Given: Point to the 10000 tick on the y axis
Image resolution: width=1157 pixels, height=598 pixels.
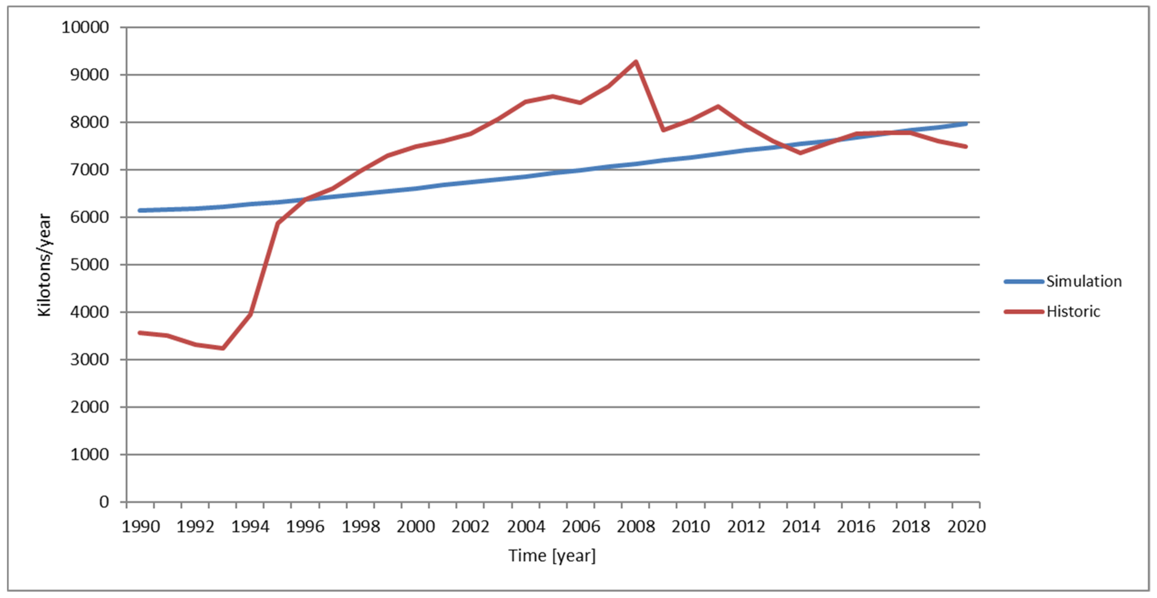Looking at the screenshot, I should (85, 27).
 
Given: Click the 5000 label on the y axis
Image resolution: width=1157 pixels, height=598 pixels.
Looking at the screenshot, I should (89, 265).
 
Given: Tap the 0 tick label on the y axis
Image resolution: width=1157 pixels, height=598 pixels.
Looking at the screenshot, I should (104, 502).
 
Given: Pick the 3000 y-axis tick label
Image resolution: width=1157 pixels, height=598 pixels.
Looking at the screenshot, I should (89, 360).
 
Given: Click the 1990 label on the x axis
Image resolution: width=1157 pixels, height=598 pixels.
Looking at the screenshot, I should (141, 527).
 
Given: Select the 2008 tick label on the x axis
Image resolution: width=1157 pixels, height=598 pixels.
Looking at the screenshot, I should (636, 527).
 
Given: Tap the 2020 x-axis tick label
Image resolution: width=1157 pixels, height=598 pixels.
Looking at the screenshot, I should (966, 527).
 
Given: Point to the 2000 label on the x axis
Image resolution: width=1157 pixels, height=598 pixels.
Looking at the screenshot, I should (416, 527).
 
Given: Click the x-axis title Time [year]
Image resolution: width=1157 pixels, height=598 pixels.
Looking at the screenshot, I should (552, 556).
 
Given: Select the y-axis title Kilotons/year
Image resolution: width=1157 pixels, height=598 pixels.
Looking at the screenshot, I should (45, 265).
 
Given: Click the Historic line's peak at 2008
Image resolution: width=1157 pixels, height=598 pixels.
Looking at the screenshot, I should (636, 62).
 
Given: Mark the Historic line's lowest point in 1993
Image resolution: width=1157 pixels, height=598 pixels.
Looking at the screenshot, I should (223, 348).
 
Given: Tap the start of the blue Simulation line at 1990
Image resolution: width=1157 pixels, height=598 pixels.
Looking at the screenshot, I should (140, 210).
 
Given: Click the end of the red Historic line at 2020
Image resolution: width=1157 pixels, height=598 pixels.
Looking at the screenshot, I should (966, 146).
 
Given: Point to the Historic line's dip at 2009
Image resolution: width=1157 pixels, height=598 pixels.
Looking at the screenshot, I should (663, 130).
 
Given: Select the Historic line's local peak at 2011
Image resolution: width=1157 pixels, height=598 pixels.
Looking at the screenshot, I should (718, 106).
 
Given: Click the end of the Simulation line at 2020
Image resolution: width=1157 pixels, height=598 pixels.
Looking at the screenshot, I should (966, 123).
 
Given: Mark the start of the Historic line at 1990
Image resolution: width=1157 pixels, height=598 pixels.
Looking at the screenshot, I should (140, 333).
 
